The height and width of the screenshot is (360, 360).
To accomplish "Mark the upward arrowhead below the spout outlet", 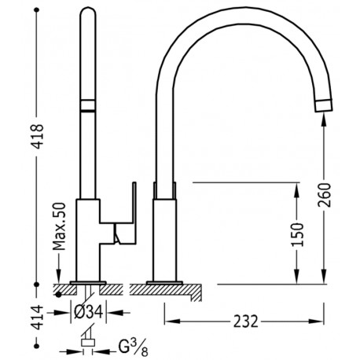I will [x=323, y=117].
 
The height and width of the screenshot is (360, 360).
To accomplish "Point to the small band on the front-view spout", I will [x=88, y=107].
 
